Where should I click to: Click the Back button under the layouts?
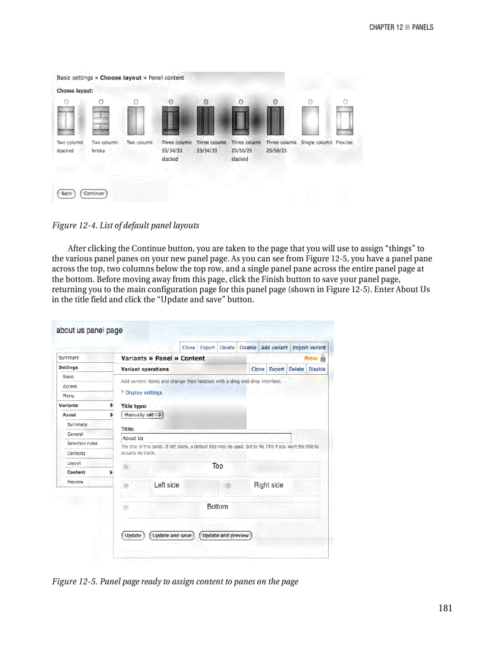pos(66,194)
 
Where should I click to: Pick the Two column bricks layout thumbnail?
pos(100,121)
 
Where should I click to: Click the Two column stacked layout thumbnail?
pos(65,121)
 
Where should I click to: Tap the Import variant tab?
pos(309,347)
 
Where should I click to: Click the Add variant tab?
pos(274,347)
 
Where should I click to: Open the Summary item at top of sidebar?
pos(69,358)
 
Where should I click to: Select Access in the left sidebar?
pos(70,386)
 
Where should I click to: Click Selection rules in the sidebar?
pos(82,443)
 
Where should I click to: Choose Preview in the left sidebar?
pos(75,482)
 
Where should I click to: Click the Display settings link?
pos(143,393)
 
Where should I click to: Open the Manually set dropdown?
pos(142,415)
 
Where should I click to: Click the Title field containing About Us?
pos(206,438)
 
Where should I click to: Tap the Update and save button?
pos(172,536)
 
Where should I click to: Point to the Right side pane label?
pos(268,485)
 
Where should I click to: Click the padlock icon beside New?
pos(323,358)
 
